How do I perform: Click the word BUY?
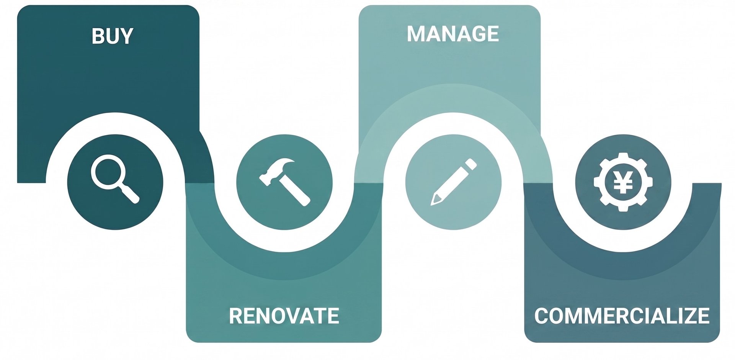113,36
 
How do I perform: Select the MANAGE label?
453,34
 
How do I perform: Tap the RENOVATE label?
284,316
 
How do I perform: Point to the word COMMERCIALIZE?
622,316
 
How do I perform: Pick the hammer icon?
285,182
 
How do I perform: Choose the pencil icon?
454,182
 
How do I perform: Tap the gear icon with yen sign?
623,182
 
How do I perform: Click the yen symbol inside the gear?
623,182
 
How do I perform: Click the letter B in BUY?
98,36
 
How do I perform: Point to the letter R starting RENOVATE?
236,316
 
